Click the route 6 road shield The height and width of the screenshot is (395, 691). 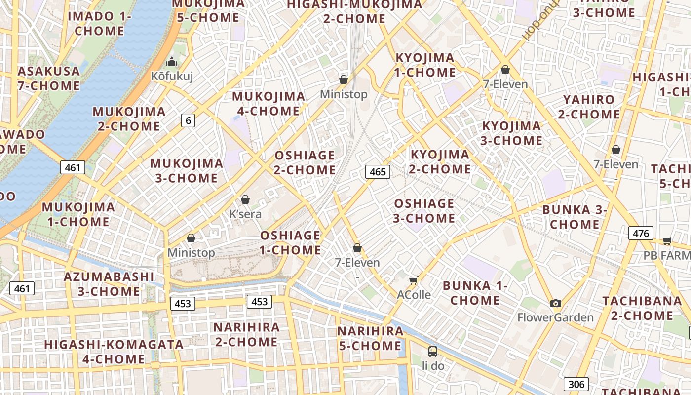(188, 120)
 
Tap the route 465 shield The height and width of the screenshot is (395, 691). (378, 172)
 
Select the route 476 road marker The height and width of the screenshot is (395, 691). (641, 233)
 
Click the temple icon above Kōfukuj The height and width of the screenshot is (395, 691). (172, 62)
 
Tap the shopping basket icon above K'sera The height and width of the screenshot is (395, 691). (245, 199)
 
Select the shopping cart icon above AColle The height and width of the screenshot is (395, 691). (414, 281)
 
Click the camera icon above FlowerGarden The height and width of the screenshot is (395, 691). (556, 303)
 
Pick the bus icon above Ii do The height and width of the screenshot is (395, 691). (433, 352)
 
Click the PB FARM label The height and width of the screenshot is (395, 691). (667, 255)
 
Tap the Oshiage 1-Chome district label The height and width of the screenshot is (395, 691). (290, 242)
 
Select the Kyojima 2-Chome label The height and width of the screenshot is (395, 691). (440, 162)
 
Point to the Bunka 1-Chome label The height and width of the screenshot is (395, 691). (475, 293)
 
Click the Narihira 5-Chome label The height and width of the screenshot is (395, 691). (370, 338)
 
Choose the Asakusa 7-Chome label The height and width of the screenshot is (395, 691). (48, 78)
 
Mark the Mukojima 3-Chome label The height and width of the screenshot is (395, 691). (187, 170)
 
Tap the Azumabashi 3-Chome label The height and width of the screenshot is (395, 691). (109, 284)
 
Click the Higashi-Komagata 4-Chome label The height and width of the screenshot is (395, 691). (114, 352)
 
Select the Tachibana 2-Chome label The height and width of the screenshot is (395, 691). (642, 308)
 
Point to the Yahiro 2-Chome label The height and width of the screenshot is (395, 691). (589, 107)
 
